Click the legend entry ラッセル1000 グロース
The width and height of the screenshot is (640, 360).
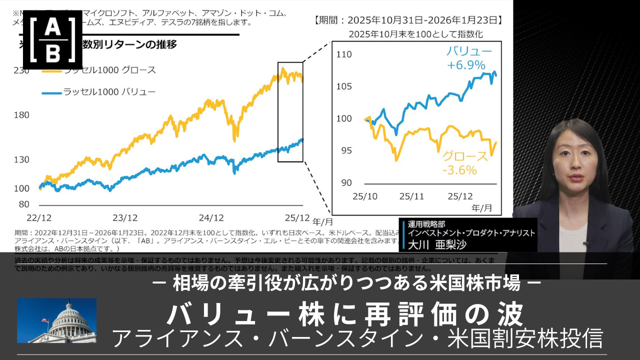tap(109, 70)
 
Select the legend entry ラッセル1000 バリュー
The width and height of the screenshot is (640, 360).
tap(109, 92)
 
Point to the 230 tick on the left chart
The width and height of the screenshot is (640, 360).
tap(21, 71)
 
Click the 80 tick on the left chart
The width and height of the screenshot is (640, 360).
tap(24, 204)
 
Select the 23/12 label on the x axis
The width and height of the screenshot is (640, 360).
tap(125, 217)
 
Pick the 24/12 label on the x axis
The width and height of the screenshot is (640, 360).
tap(211, 217)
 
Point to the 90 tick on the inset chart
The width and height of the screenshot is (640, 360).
tap(346, 182)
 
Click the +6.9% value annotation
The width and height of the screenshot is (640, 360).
tap(466, 64)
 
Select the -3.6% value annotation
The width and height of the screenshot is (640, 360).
tap(459, 170)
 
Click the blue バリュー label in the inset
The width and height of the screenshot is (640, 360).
tap(469, 51)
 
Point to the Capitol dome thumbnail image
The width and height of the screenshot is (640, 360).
tap(56, 320)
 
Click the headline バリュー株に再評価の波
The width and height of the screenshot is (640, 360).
tap(345, 315)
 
